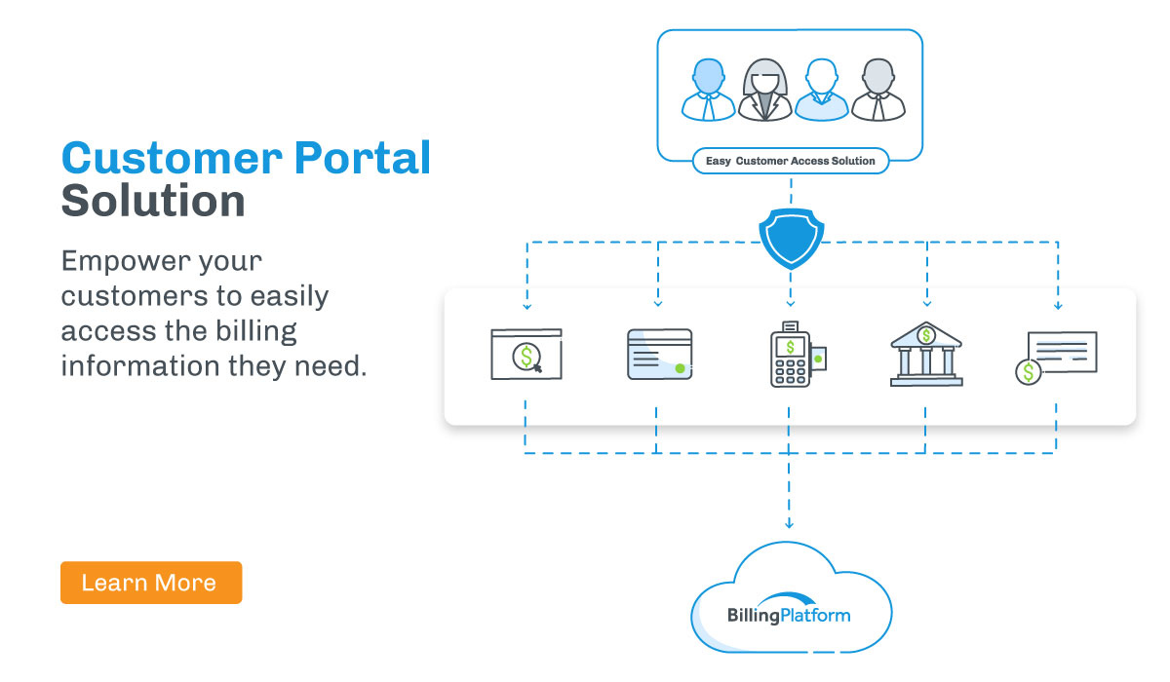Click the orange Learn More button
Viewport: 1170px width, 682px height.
pos(150,583)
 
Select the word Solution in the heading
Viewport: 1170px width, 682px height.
pos(152,201)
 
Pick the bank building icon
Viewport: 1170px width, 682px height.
pos(925,356)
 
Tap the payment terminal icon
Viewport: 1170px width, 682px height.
pos(792,355)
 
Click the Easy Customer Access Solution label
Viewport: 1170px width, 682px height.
pos(791,161)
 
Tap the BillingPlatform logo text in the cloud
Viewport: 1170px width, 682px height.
pos(789,615)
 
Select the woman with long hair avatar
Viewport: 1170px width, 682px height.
pos(764,91)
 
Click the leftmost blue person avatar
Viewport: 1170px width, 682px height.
pos(708,90)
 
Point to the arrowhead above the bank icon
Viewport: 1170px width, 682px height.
pos(926,304)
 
